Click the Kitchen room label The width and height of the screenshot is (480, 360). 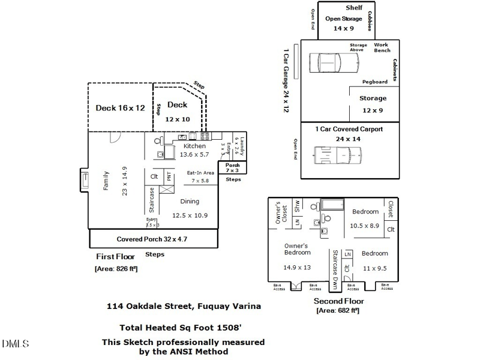coord(194,146)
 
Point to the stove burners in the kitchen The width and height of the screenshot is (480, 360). coord(205,136)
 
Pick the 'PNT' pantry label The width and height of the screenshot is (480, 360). coord(169,177)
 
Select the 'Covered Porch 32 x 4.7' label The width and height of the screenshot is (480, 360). coord(152,239)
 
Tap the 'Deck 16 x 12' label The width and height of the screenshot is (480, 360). coord(121,108)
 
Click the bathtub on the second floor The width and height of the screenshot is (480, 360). coord(331,204)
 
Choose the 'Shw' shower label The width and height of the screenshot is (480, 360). coord(297,205)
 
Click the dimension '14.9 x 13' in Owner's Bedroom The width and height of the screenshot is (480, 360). coord(298,267)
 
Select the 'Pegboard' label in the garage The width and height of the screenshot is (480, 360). coord(374,82)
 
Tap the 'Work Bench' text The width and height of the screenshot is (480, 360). coord(382,47)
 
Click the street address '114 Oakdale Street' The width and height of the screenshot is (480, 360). coord(149,306)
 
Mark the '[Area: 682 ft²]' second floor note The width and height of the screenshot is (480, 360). coord(338,310)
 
